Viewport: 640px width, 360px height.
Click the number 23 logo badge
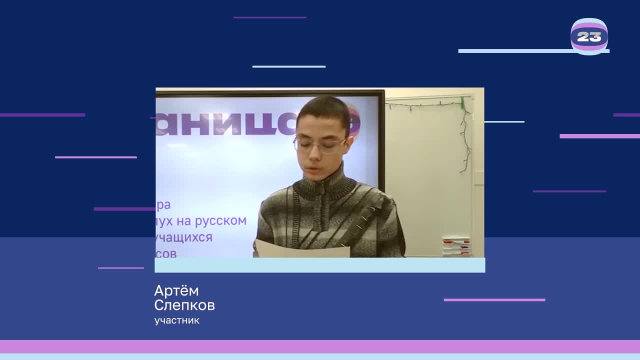tap(589, 36)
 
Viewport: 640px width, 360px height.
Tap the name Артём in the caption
tap(176, 291)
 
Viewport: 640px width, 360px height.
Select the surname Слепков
tap(184, 305)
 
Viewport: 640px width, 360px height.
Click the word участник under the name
tap(177, 320)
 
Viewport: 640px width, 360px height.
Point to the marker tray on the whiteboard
tap(456, 245)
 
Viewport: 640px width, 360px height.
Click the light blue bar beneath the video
tap(319, 265)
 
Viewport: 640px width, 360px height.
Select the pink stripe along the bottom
tap(320, 346)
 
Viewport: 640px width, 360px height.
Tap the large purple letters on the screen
tap(225, 125)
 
